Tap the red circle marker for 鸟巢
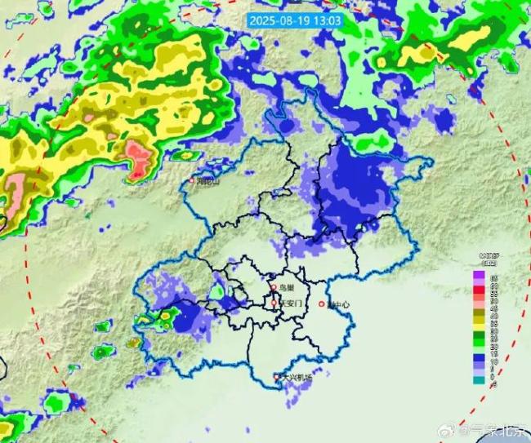click(275, 288)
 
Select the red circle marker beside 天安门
click(274, 303)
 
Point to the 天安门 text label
click(291, 303)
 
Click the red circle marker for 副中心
click(321, 305)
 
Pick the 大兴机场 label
click(296, 377)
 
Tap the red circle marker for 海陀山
click(193, 180)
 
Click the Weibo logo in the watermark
click(463, 429)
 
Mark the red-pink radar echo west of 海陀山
click(139, 157)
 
